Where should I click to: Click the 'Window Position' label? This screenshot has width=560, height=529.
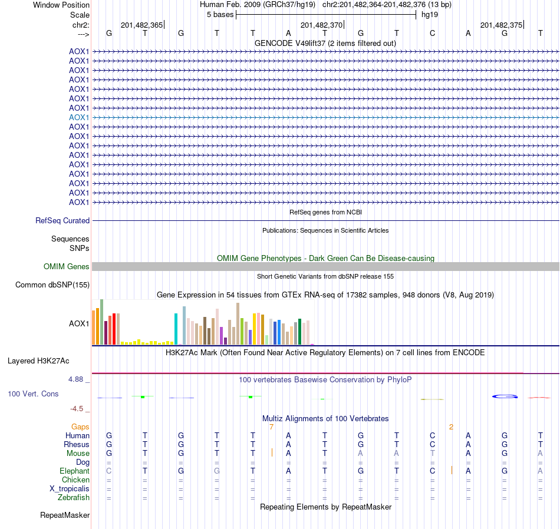click(x=61, y=5)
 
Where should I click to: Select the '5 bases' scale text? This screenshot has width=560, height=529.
click(x=220, y=14)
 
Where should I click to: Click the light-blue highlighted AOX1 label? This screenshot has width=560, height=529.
click(x=79, y=117)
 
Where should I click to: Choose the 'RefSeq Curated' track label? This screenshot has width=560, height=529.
click(x=62, y=220)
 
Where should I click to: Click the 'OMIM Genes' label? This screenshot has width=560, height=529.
click(x=67, y=267)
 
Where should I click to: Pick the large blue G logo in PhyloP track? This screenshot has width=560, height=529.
click(x=505, y=396)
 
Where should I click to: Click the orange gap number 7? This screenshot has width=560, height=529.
click(x=271, y=426)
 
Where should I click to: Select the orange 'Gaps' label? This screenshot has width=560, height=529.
click(x=80, y=426)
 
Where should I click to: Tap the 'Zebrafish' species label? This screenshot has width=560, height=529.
click(x=74, y=498)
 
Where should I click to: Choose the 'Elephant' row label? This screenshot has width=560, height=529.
click(x=74, y=471)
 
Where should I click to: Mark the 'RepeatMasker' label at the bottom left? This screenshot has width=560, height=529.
click(x=65, y=515)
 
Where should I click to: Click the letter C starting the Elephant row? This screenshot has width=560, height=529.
click(x=108, y=471)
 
